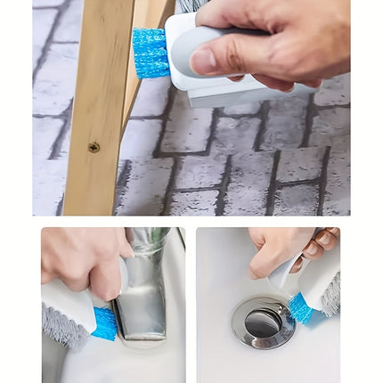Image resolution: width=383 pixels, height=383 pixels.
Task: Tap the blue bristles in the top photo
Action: tap(149, 53)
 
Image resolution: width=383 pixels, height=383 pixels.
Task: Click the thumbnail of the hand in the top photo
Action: tap(204, 61)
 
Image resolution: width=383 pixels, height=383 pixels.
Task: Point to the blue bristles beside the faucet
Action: tap(105, 323)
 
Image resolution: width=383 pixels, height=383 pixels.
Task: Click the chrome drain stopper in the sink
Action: tap(262, 322)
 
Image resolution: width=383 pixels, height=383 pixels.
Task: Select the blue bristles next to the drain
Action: tap(300, 308)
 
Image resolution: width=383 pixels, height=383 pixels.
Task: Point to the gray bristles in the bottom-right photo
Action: tap(330, 295)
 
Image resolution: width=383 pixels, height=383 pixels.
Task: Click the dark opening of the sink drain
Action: tap(262, 324)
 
